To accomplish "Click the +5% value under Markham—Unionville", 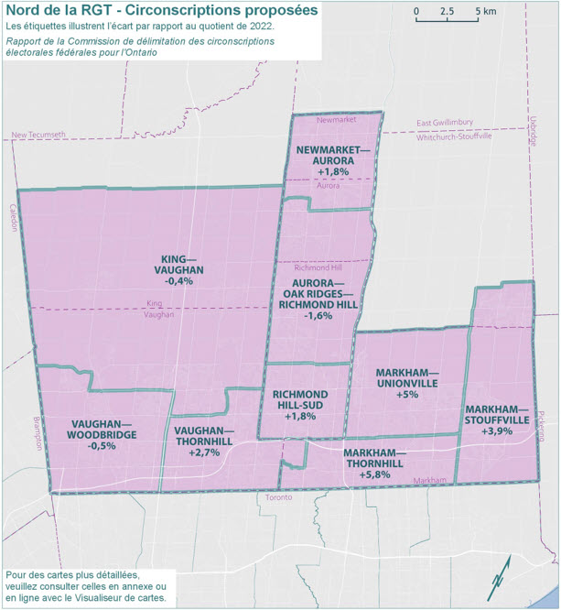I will click(408, 395).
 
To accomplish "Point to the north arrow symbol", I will click(499, 578).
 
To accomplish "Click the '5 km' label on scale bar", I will click(485, 12).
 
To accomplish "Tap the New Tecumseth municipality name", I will click(38, 135).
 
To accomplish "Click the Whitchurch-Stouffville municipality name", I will click(455, 135).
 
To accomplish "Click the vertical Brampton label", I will click(38, 429).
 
